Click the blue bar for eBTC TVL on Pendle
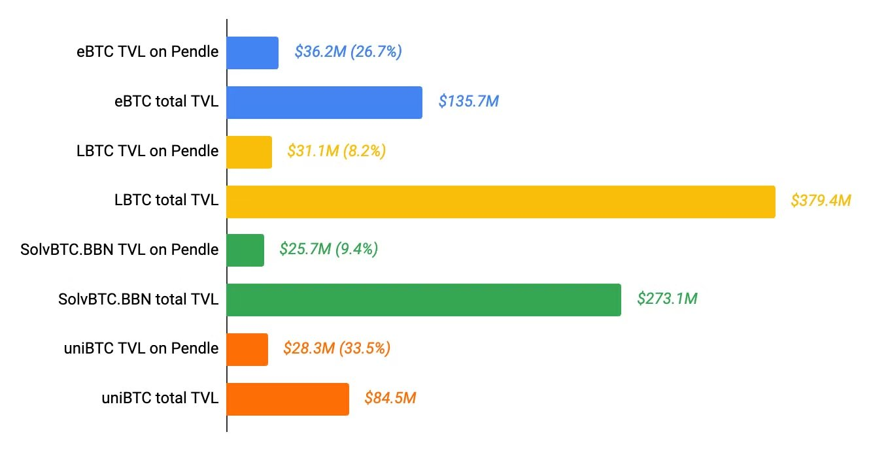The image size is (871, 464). tap(252, 53)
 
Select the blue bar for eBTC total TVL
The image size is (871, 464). tap(324, 103)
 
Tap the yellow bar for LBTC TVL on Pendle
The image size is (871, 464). tap(249, 152)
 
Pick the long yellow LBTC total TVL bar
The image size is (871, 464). tap(501, 201)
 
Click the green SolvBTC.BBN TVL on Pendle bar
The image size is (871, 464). tap(245, 250)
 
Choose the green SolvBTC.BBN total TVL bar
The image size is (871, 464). tap(424, 300)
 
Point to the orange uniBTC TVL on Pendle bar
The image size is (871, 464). tap(247, 350)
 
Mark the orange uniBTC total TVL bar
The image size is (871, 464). tap(288, 399)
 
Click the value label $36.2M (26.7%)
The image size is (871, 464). tap(348, 52)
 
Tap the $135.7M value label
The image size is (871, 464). tap(468, 102)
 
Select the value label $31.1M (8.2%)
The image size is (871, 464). tap(336, 152)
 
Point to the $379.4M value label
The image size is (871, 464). tap(821, 201)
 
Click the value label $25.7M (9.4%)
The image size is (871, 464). tap(328, 250)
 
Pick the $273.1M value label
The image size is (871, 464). tap(667, 299)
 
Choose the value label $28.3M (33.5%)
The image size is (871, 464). tap(336, 349)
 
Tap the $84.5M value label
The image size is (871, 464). tap(390, 398)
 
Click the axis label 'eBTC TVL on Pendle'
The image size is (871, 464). tap(147, 52)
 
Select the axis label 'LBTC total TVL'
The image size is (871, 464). tap(166, 200)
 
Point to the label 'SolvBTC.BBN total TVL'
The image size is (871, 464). tap(138, 299)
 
